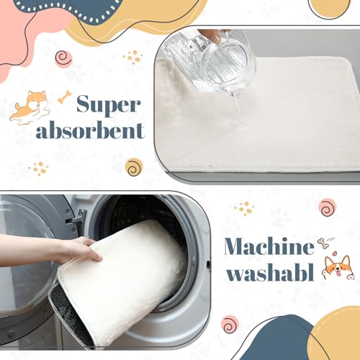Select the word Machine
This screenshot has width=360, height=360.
pyautogui.click(x=269, y=247)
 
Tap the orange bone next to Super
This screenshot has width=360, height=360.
pyautogui.click(x=65, y=96)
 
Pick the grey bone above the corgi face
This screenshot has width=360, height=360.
pyautogui.click(x=322, y=244)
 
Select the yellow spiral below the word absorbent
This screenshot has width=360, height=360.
pyautogui.click(x=133, y=167)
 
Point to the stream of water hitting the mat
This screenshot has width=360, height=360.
pyautogui.click(x=235, y=108)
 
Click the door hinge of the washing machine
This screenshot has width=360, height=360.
pyautogui.click(x=80, y=216)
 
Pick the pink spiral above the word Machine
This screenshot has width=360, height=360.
pyautogui.click(x=328, y=207)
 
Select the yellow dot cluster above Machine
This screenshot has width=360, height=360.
pyautogui.click(x=244, y=208)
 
